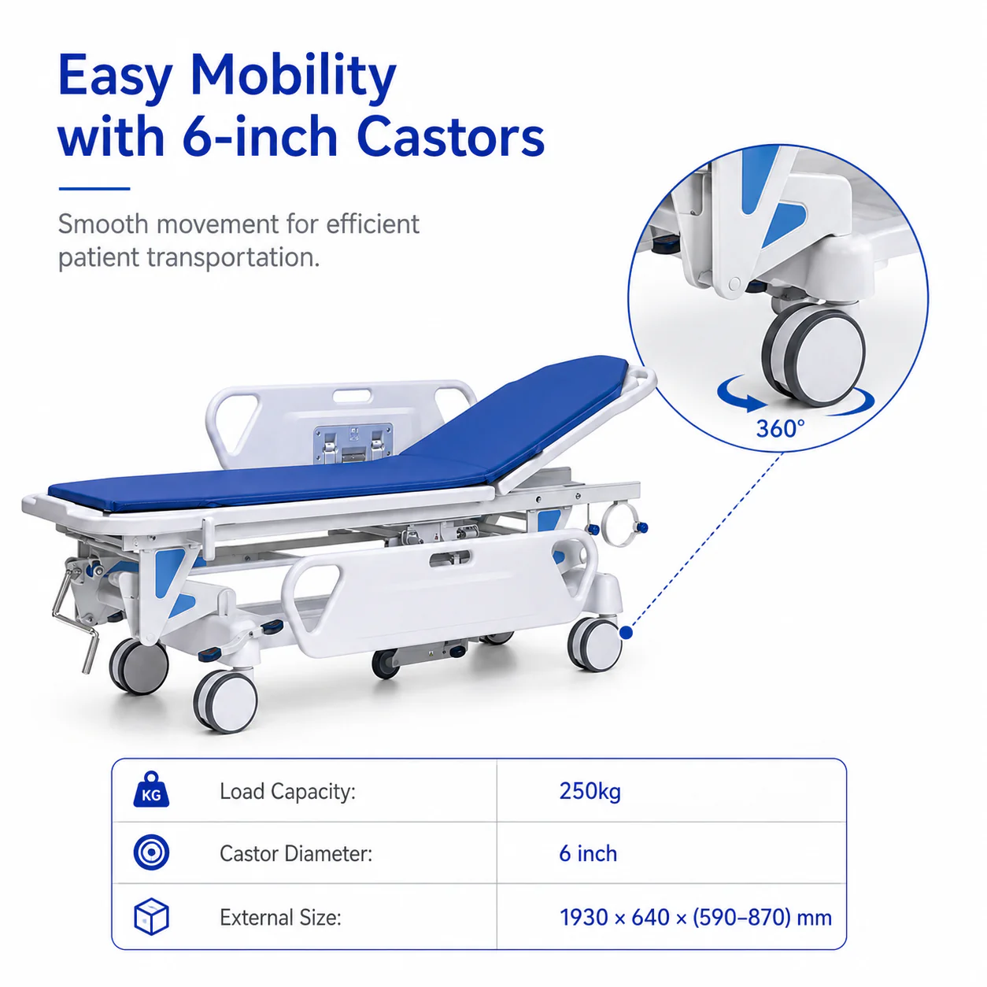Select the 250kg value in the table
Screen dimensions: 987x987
coord(590,792)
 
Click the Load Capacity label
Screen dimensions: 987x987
coord(287,792)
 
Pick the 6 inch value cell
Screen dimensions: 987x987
coord(588,854)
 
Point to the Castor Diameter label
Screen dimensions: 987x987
coord(296,854)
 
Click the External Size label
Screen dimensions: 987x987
coord(281,917)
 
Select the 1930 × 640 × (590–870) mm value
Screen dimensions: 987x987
coord(696,917)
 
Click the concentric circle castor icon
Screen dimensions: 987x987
coord(151,853)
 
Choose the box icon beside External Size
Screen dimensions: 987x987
coord(151,916)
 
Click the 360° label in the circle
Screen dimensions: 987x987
coord(780,429)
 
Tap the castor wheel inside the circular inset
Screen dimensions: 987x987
coord(815,355)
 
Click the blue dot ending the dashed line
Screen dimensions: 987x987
coord(626,633)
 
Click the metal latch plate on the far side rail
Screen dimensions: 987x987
coord(353,444)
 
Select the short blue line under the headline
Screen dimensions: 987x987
coord(94,189)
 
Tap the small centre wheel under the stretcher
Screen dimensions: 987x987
coord(385,664)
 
